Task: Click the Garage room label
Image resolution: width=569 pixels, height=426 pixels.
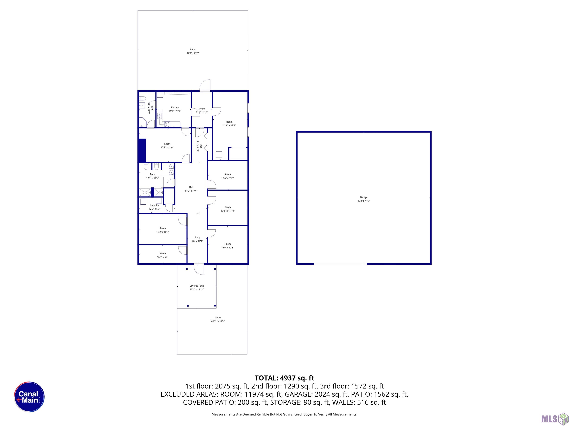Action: click(x=363, y=197)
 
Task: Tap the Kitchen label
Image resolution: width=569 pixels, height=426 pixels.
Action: click(x=175, y=107)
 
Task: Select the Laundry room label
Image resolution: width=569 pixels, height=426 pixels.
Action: click(x=155, y=205)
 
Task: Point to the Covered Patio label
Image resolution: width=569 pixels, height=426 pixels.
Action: click(x=197, y=286)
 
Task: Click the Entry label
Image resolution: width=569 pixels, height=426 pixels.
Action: click(x=197, y=238)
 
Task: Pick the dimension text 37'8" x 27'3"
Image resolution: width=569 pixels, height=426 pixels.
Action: click(x=193, y=53)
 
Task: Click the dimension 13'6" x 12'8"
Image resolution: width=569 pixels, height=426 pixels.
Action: click(x=228, y=248)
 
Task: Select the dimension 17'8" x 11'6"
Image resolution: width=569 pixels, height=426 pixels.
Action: click(x=167, y=147)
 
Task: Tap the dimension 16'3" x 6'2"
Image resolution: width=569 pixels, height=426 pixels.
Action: click(x=163, y=257)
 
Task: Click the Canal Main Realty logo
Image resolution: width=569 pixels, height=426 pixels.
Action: click(x=29, y=397)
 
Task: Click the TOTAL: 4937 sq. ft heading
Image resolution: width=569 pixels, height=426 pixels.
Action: click(x=284, y=378)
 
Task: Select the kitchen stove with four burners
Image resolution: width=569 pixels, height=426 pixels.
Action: click(x=167, y=125)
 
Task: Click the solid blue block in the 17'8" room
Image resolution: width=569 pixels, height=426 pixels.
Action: click(x=142, y=151)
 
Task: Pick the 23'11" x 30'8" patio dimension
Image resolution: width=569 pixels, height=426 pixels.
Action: click(x=218, y=321)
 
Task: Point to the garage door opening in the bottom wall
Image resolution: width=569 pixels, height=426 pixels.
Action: click(x=340, y=264)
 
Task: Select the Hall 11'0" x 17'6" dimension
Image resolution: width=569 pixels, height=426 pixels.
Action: click(x=191, y=191)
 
